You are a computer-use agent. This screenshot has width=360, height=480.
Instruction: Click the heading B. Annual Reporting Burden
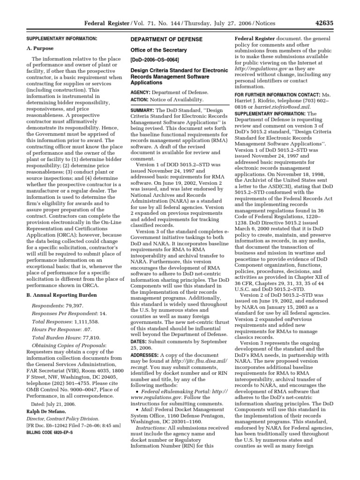click(61, 295)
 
